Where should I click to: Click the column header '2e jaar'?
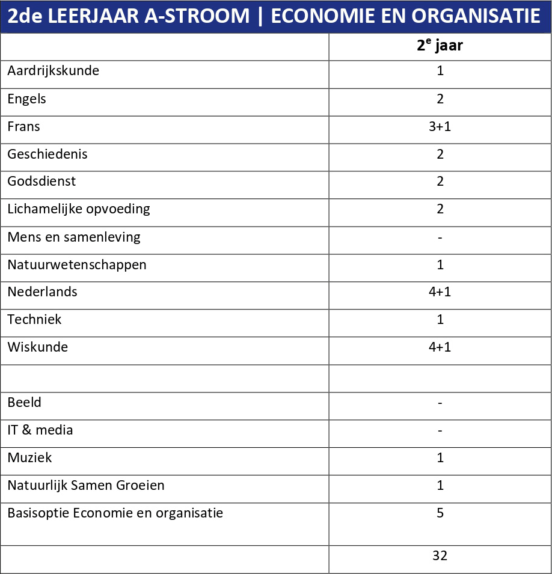click(440, 46)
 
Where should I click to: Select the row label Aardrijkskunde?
click(53, 71)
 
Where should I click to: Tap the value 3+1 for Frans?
click(440, 126)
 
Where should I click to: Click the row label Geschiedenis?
click(48, 154)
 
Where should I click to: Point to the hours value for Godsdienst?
click(440, 182)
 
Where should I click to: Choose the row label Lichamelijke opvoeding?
click(79, 209)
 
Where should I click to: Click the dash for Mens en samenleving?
click(440, 237)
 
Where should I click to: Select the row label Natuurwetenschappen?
click(77, 264)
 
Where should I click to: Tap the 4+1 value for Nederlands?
click(440, 292)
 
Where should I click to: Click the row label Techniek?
click(34, 320)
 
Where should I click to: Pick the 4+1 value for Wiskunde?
click(440, 347)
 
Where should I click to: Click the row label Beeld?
click(25, 403)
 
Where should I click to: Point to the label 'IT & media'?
click(40, 430)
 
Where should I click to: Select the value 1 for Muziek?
click(440, 458)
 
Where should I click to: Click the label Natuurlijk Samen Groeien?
click(86, 486)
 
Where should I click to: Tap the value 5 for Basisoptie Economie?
click(440, 513)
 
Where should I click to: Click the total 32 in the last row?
click(440, 556)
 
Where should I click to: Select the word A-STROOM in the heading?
click(192, 16)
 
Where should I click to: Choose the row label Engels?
click(26, 99)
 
